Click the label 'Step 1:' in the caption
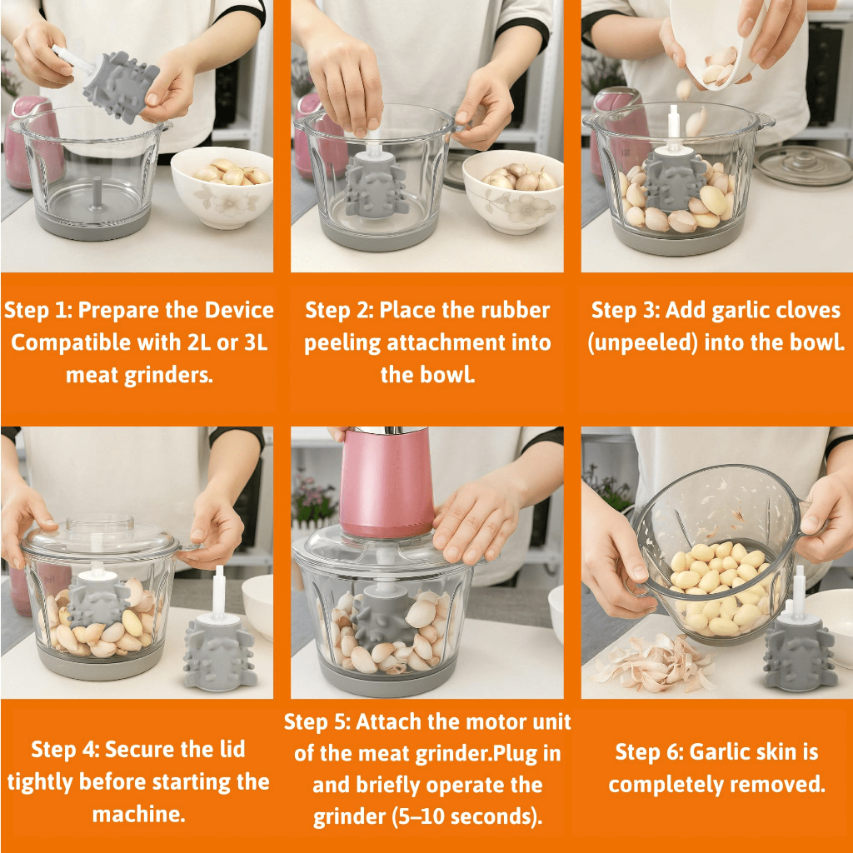(x=38, y=310)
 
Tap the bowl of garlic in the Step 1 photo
(x=222, y=186)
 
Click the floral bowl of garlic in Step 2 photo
(x=513, y=191)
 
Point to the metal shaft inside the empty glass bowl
(x=97, y=192)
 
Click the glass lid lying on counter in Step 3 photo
(x=804, y=166)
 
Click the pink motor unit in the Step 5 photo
(x=387, y=482)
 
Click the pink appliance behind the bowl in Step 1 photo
(x=30, y=144)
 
